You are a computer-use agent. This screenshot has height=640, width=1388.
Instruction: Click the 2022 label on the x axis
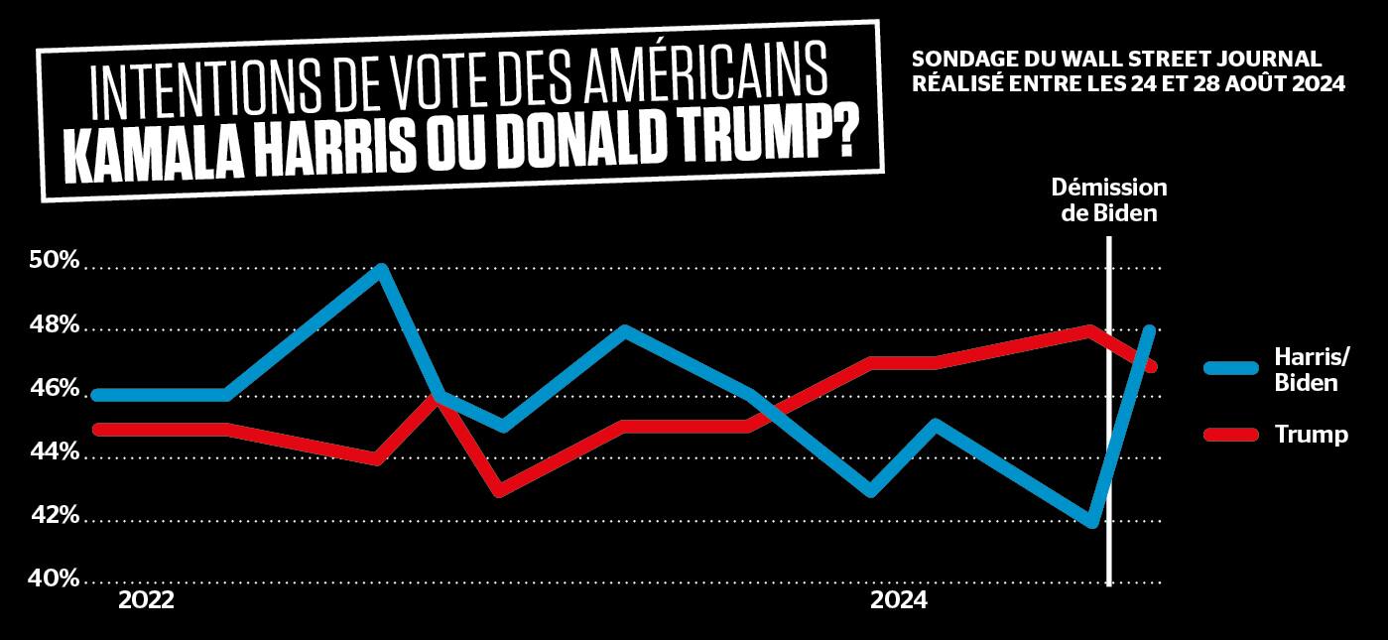pos(146,600)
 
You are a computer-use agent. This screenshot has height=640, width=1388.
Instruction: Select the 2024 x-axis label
pos(899,600)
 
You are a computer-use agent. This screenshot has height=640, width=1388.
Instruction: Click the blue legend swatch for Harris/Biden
pos(1231,368)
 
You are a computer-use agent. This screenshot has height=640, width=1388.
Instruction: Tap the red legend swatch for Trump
pos(1231,434)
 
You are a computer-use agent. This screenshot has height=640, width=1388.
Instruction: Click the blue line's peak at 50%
pos(381,268)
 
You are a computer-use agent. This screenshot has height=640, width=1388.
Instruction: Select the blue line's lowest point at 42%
pos(1092,522)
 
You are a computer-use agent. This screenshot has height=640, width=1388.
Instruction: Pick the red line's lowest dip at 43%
pos(499,490)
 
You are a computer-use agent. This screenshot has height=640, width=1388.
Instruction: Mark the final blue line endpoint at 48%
pos(1150,330)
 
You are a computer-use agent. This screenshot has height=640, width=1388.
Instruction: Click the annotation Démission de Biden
pos(1109,199)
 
